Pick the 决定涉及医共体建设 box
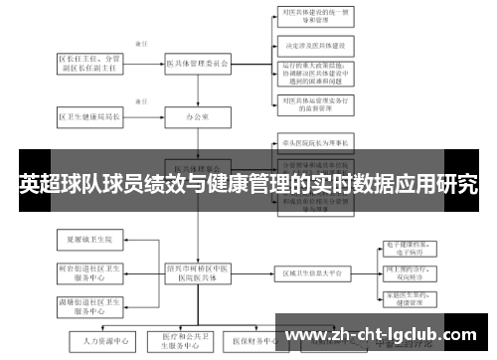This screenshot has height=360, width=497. tap(316, 46)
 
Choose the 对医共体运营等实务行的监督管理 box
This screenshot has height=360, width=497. tap(316, 103)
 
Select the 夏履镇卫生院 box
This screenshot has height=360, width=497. tap(90, 240)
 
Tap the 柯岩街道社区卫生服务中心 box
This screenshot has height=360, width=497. tap(90, 272)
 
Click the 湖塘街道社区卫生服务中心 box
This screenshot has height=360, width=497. tap(90, 304)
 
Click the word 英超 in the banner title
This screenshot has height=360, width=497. tap(39, 184)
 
